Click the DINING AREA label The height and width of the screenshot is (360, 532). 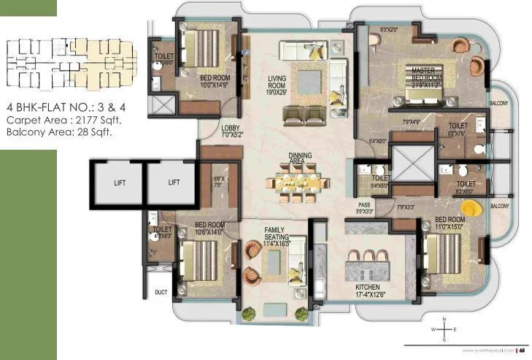coord(301,158)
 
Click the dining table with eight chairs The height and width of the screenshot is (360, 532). coord(300,182)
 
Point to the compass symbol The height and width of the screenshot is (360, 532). coord(444,329)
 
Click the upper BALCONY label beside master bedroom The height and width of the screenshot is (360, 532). coord(499,103)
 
